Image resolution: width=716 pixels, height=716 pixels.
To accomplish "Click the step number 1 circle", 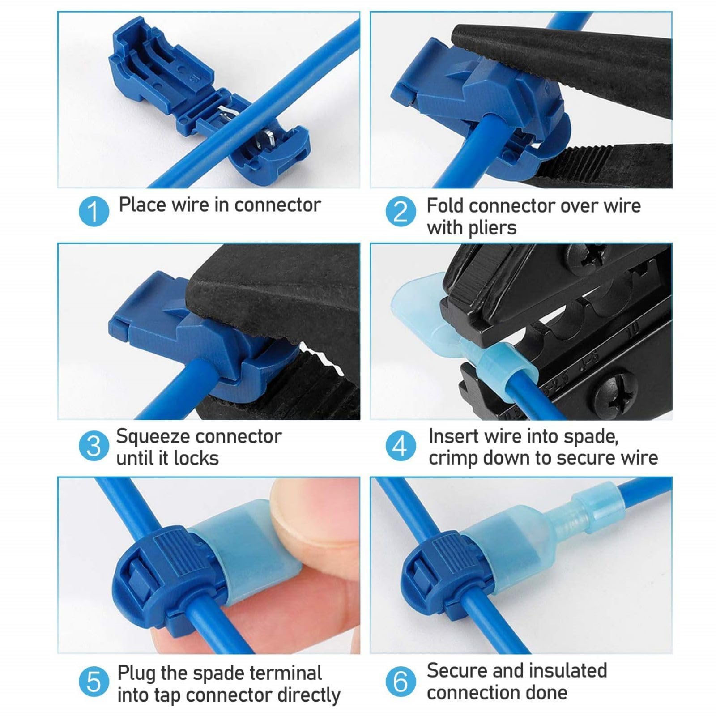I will pos(94,211).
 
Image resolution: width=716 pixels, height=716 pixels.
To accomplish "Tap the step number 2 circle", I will pos(401,211).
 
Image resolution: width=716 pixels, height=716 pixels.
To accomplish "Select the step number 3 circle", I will pos(94,446).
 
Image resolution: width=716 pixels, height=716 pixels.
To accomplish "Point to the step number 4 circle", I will pos(401,446).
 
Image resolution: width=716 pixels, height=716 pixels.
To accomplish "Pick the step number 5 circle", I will pos(94,682).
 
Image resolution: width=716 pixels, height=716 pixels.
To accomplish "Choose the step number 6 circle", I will pos(401,682).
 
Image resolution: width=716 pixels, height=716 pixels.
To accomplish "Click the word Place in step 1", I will pos(142,205).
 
